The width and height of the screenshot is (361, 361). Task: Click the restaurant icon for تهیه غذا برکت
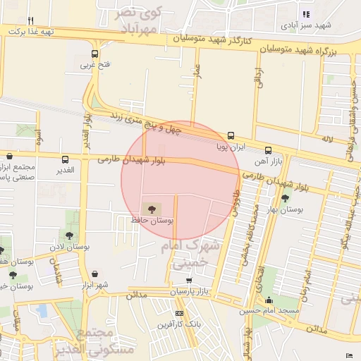30,21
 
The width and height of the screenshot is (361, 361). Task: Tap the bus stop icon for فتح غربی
95,54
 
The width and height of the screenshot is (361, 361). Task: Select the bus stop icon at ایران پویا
231,136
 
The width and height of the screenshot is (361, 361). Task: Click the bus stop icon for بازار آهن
268,150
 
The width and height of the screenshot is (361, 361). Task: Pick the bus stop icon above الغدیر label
66,159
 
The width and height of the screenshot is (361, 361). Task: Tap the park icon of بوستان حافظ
150,209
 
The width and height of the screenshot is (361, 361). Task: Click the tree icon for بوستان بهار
286,198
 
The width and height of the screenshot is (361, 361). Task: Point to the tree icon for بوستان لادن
69,235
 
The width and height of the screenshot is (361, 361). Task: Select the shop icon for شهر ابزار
94,274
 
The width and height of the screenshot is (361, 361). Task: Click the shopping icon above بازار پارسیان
188,280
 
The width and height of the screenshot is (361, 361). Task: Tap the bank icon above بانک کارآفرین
179,313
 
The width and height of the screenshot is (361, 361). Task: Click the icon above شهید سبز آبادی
306,14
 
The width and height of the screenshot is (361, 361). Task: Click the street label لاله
326,141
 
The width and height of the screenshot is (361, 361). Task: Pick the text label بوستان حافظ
152,221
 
